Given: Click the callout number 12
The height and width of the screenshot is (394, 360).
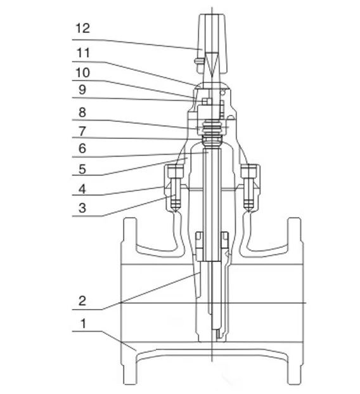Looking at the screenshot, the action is tap(82, 28).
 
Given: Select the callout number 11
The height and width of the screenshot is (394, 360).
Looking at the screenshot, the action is tap(83, 53).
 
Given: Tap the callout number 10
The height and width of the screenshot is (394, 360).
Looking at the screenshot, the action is tap(82, 72).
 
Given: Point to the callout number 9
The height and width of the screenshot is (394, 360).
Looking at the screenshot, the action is tap(82, 89).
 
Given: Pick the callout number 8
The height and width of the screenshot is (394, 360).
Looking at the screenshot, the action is tap(82, 112).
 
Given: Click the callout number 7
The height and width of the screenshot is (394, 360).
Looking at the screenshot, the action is tap(82, 131).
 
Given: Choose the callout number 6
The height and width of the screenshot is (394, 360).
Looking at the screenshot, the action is tap(82, 148).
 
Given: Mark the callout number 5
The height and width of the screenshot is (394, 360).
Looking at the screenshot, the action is tap(82, 169).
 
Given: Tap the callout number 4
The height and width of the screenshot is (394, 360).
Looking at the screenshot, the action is tap(82, 189).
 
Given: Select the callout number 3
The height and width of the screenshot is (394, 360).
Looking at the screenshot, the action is tap(82, 208).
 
